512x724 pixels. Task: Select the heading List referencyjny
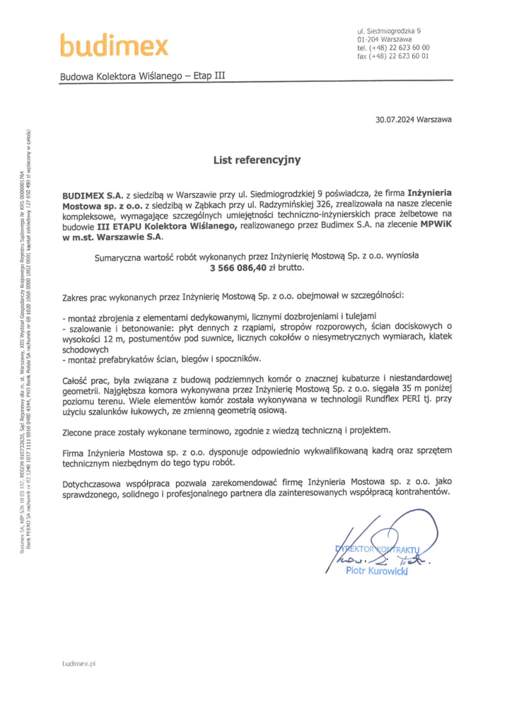pyautogui.click(x=257, y=160)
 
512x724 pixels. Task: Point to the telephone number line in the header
pyautogui.click(x=393, y=47)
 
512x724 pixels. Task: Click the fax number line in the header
pyautogui.click(x=392, y=56)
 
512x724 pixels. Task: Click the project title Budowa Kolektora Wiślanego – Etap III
pyautogui.click(x=143, y=75)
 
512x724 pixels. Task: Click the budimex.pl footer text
pyautogui.click(x=78, y=663)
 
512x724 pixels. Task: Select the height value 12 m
pyautogui.click(x=105, y=339)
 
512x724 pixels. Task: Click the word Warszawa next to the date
pyautogui.click(x=434, y=119)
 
